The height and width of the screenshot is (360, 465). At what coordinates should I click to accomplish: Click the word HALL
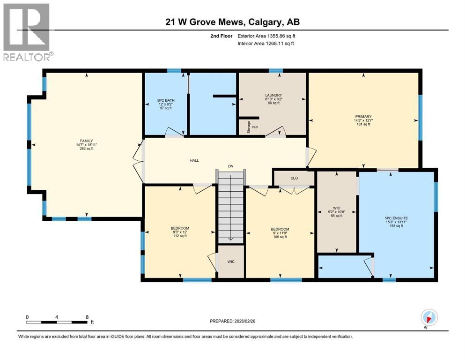194,160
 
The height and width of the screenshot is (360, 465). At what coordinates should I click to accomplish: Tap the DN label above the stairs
230,166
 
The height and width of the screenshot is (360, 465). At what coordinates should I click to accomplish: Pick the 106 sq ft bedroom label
279,229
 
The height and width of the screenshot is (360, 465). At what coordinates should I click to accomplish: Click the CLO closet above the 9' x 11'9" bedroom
294,178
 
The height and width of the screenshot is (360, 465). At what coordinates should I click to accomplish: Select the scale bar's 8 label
88,317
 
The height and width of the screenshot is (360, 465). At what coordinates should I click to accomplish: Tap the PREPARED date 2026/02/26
236,321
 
